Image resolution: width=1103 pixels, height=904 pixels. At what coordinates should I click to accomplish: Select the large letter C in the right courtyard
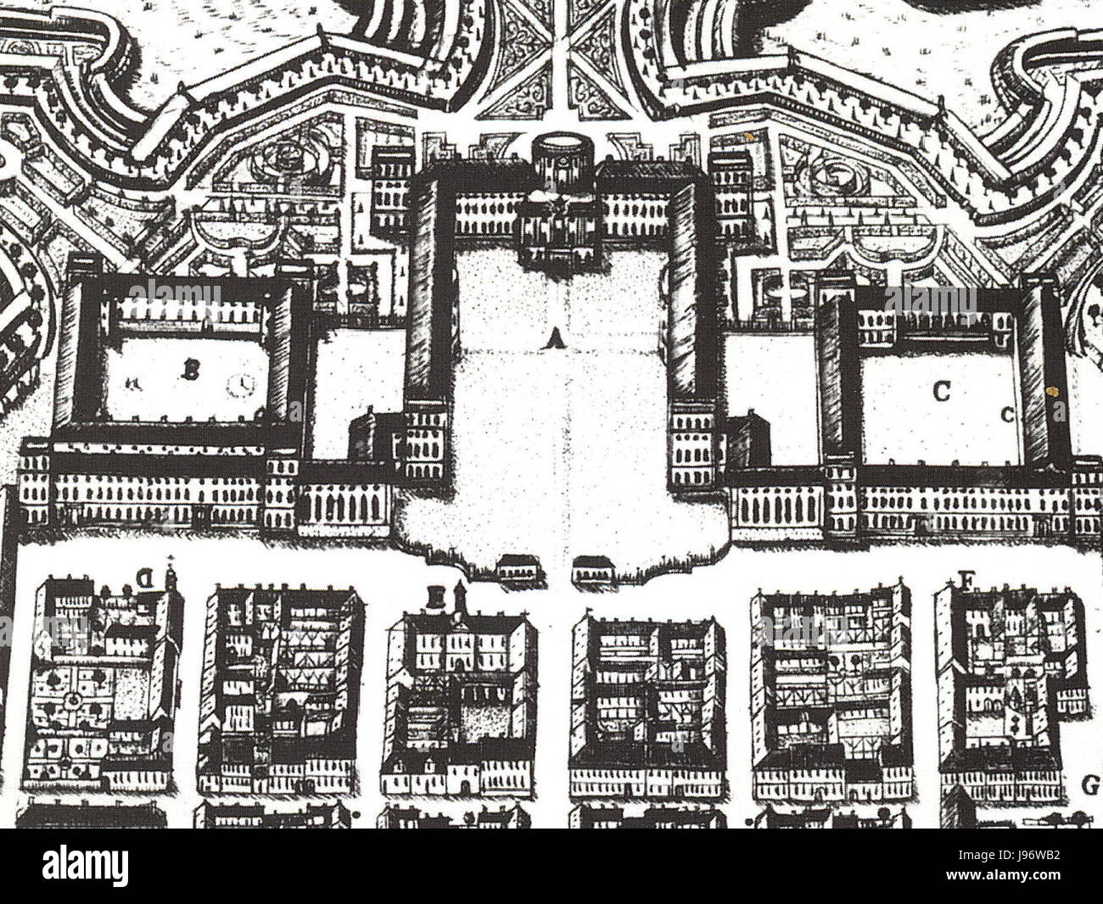(940, 391)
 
